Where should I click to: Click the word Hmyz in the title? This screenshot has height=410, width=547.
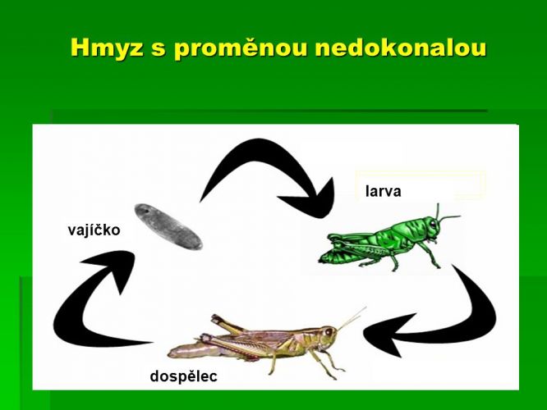[x=107, y=48]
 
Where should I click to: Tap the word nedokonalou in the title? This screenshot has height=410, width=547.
[x=401, y=48]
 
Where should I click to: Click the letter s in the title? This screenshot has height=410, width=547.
[x=159, y=50]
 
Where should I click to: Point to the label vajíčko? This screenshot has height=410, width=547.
[x=94, y=230]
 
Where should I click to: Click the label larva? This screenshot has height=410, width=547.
[x=383, y=191]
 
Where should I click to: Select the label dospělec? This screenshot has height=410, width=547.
[x=183, y=376]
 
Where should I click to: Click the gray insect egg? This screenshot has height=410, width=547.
[x=168, y=227]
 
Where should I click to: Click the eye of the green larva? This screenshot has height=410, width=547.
[x=433, y=224]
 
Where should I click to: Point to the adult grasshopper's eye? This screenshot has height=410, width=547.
[x=328, y=332]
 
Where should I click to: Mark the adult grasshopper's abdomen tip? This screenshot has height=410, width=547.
[x=172, y=354]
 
